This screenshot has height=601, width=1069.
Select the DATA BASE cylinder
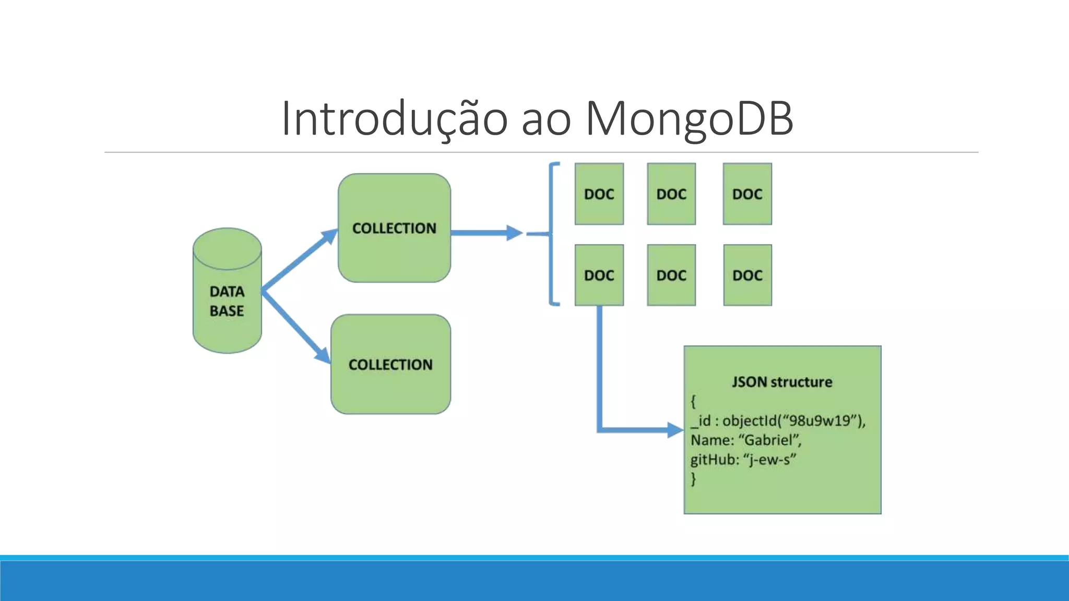tap(227, 300)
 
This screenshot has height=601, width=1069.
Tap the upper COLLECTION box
tap(394, 228)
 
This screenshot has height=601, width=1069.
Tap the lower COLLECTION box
tap(390, 364)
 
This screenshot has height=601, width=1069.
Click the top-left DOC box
tap(599, 194)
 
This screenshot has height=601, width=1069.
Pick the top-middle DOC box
tap(671, 194)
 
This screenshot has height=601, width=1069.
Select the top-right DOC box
tap(747, 194)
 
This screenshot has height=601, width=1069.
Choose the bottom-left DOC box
tap(599, 275)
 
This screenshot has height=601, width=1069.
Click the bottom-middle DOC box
tap(671, 275)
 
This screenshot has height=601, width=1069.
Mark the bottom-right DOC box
tap(747, 275)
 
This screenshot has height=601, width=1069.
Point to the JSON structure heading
tap(781, 382)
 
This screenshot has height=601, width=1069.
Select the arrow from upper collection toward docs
tap(485, 233)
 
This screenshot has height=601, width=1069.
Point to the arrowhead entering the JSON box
tap(675, 430)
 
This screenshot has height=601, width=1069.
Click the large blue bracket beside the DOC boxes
tap(552, 234)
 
